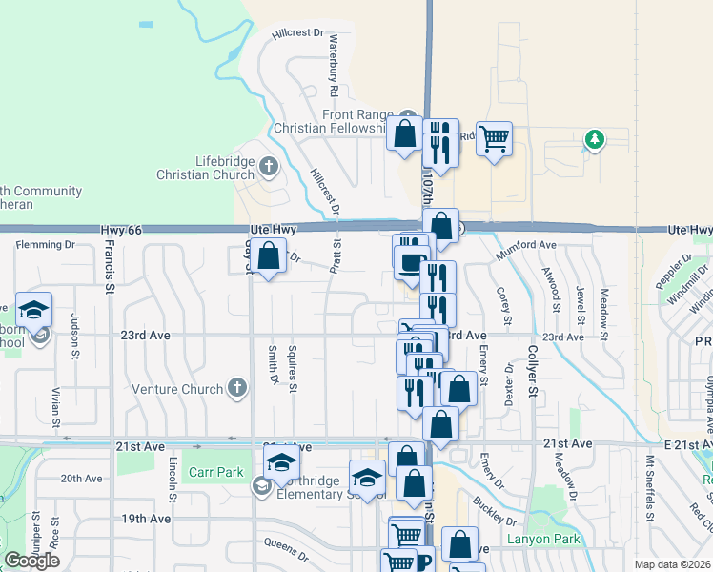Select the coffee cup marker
point(412,261)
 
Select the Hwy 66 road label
point(121,231)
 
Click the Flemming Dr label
point(45,245)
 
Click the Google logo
point(31,561)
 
